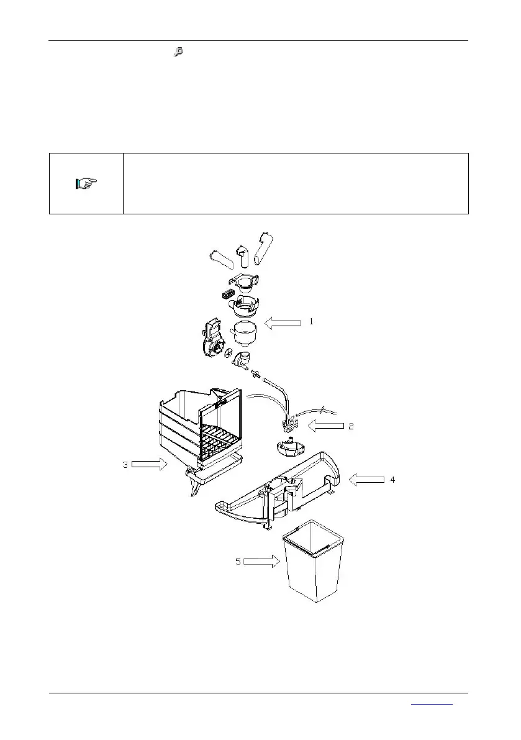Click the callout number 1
click(x=312, y=322)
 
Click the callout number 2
click(x=351, y=426)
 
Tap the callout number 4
click(x=391, y=479)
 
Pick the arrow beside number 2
click(x=326, y=426)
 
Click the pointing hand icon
click(x=86, y=183)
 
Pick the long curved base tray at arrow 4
click(x=279, y=491)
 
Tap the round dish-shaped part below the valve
click(x=288, y=445)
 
